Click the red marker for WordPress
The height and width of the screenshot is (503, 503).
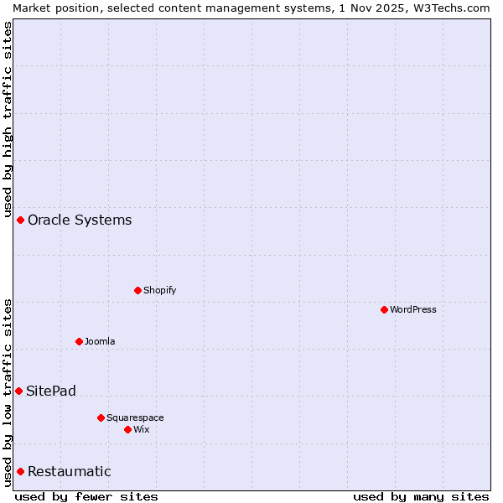point(384,309)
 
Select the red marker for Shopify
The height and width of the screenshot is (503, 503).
point(137,290)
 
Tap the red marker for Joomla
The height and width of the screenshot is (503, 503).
point(79,341)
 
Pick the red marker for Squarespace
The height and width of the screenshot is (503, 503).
point(101,417)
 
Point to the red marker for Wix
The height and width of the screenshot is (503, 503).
point(127,429)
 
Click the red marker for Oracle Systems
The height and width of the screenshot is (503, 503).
point(20,220)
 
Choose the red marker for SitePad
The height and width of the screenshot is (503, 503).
point(18,391)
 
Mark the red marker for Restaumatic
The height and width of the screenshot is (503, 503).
point(20,471)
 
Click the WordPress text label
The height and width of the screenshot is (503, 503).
point(413,309)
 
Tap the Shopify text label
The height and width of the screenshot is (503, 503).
point(159,290)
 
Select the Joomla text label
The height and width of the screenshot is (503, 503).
point(100,341)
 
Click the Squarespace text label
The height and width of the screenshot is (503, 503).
point(135,417)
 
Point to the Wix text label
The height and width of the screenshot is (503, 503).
point(141,429)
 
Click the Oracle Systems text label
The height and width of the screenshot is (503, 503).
point(80,220)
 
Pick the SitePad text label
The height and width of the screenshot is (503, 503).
point(51,391)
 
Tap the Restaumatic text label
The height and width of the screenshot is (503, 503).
point(69,471)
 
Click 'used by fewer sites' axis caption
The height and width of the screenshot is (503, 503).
point(86,496)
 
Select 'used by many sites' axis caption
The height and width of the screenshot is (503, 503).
point(421,496)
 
